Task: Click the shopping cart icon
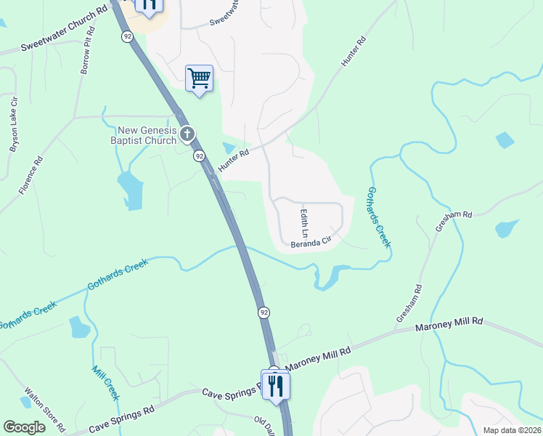click(199, 78)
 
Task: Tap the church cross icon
click(187, 134)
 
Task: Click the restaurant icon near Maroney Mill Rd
click(275, 384)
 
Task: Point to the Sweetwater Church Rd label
click(65, 30)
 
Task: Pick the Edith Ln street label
click(305, 223)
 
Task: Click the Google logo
click(24, 427)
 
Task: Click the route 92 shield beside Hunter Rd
click(199, 156)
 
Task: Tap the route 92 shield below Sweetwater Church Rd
click(128, 36)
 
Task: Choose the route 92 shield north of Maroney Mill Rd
click(264, 312)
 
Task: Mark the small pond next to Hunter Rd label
click(229, 148)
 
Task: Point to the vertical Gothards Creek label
click(379, 217)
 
